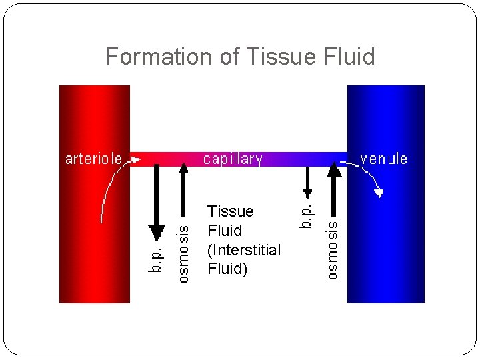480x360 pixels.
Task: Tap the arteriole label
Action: [x=93, y=159]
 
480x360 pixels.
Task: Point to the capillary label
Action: [x=233, y=159]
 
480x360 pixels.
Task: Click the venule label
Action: [x=383, y=159]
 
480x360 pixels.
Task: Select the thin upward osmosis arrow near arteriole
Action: [x=184, y=193]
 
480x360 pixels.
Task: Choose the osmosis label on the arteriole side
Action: [x=184, y=253]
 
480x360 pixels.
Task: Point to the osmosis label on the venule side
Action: [x=333, y=250]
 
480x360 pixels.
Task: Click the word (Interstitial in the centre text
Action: [x=244, y=250]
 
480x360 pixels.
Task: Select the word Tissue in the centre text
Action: [x=230, y=211]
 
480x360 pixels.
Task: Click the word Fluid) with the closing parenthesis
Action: [x=227, y=269]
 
